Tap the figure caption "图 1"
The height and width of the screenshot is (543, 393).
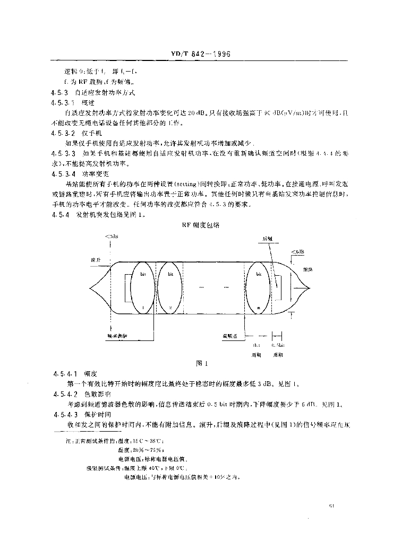(x=200, y=364)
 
